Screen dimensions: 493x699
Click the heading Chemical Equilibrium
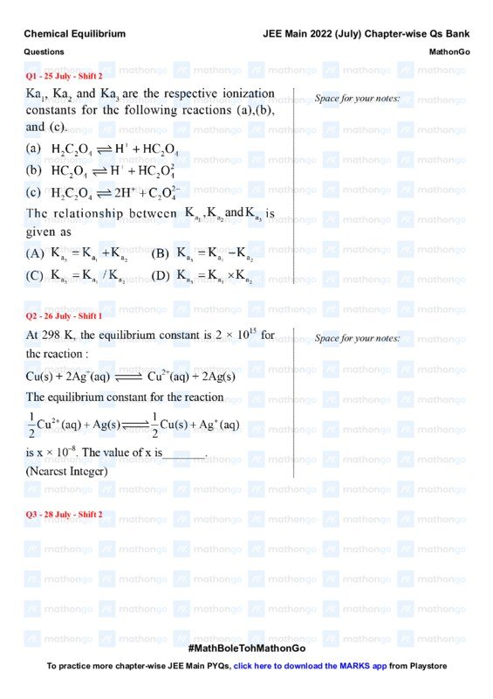(x=74, y=34)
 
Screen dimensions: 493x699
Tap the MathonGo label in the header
(x=450, y=52)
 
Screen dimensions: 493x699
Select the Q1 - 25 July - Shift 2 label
(x=65, y=76)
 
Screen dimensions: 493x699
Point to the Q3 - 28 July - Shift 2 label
(x=65, y=515)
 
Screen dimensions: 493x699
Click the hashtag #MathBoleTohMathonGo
(x=246, y=649)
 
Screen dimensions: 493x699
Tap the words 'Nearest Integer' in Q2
(x=67, y=471)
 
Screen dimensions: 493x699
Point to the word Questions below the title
(x=44, y=52)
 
